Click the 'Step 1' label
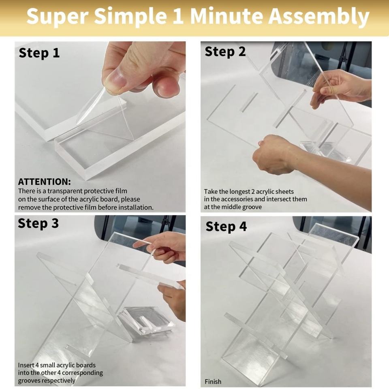click(39, 53)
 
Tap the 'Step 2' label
click(225, 52)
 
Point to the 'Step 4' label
click(226, 227)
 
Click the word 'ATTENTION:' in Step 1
click(45, 182)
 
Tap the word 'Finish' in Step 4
click(213, 382)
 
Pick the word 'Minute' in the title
click(226, 16)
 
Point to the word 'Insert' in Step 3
click(26, 365)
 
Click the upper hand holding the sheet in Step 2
click(340, 88)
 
